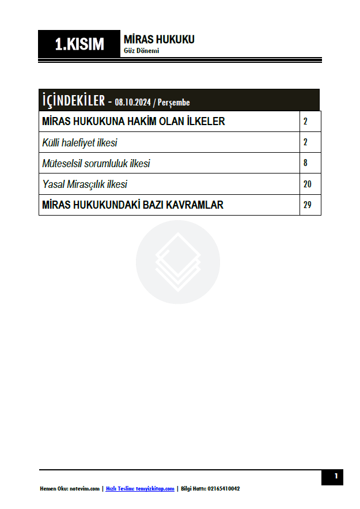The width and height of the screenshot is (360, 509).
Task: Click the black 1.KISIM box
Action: click(79, 44)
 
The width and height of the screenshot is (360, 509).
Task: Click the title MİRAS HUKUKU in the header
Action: click(159, 39)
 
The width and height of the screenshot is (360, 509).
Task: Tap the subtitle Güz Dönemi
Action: click(141, 51)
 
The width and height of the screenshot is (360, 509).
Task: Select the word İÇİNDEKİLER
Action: click(73, 100)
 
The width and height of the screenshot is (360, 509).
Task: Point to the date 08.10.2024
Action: click(132, 103)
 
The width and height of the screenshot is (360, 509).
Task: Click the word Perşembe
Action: click(173, 103)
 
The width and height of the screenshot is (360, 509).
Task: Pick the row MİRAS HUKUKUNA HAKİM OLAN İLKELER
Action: click(134, 122)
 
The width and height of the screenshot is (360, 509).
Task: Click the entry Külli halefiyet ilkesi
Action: click(79, 142)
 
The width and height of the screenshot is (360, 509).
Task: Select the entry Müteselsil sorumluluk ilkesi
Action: click(96, 164)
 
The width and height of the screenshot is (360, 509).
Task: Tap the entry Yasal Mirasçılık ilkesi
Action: click(85, 184)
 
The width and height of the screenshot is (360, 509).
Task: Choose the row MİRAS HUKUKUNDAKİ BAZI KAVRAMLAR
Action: click(132, 205)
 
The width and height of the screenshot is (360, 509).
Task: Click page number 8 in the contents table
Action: click(305, 163)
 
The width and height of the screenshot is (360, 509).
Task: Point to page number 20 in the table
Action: click(307, 184)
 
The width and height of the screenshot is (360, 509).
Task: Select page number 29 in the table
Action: click(307, 205)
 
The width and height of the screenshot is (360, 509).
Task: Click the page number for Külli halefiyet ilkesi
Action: click(305, 142)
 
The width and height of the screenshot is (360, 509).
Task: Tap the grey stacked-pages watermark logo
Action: click(178, 262)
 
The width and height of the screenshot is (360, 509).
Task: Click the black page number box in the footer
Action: click(332, 477)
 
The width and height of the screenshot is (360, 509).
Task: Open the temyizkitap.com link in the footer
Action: click(155, 489)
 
